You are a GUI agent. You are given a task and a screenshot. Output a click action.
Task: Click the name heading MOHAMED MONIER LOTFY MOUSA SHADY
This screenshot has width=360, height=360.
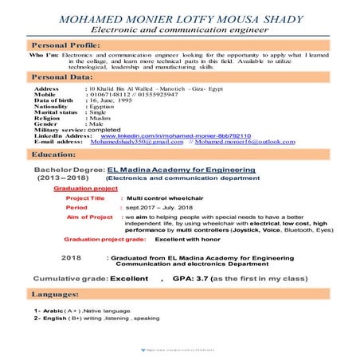(179, 16)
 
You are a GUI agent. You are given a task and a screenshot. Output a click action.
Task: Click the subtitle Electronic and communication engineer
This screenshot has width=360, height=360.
(179, 29)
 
